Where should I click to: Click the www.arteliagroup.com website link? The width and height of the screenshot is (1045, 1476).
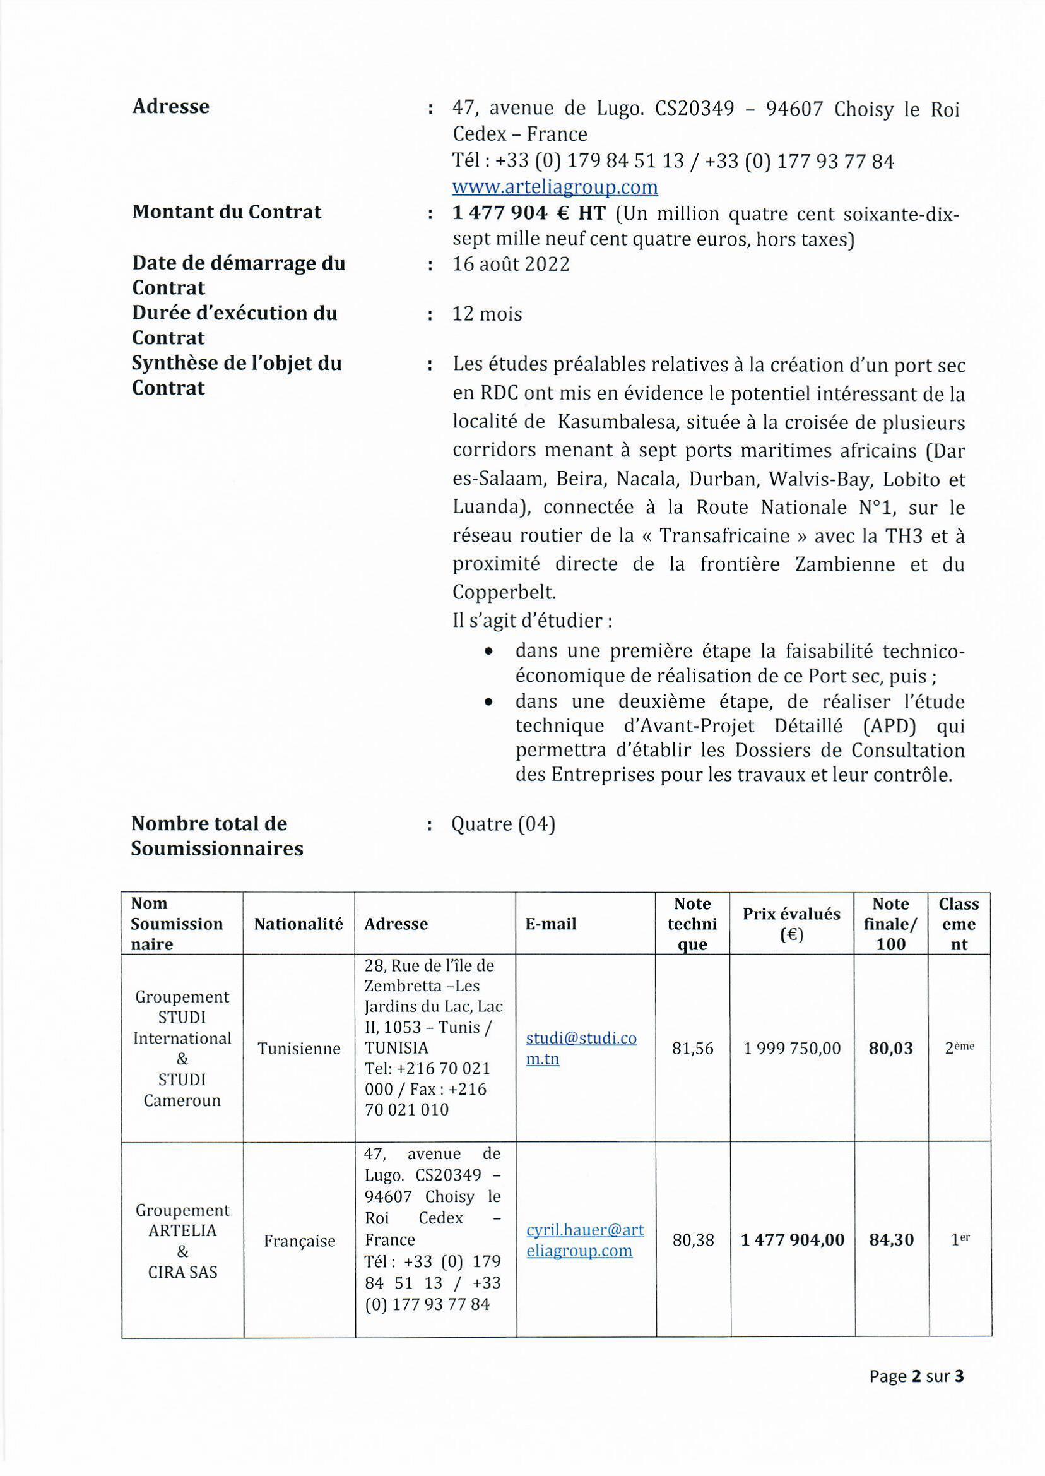(555, 187)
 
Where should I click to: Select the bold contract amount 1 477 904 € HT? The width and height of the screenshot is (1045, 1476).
(529, 213)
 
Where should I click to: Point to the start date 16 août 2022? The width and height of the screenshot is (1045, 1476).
(511, 265)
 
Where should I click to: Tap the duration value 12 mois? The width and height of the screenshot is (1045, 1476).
(487, 314)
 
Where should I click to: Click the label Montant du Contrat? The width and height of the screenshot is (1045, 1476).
(227, 211)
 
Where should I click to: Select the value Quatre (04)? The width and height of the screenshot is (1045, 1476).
(503, 824)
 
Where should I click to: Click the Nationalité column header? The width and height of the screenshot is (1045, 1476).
(298, 924)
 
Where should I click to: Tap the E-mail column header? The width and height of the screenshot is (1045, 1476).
(551, 924)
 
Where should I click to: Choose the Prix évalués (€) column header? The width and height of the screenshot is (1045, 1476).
(791, 924)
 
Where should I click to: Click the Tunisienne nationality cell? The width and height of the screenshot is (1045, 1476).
(298, 1049)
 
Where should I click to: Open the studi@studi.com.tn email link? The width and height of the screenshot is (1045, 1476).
(581, 1048)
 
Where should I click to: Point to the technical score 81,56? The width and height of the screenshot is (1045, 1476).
(692, 1048)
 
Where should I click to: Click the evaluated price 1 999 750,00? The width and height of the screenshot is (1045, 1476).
(792, 1048)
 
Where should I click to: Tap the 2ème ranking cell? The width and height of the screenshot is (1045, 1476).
(959, 1048)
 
